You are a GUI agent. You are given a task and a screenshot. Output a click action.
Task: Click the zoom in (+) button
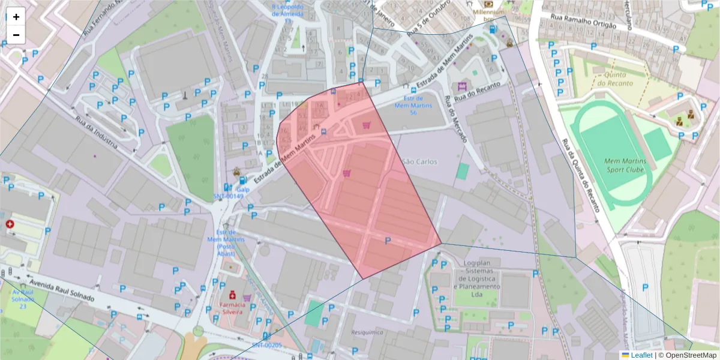[x=16, y=17]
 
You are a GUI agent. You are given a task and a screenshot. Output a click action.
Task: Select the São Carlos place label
[x=420, y=161]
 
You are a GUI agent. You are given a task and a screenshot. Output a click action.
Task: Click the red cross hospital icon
[x=10, y=224]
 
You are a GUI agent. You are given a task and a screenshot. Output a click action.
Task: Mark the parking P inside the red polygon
[x=387, y=241]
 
